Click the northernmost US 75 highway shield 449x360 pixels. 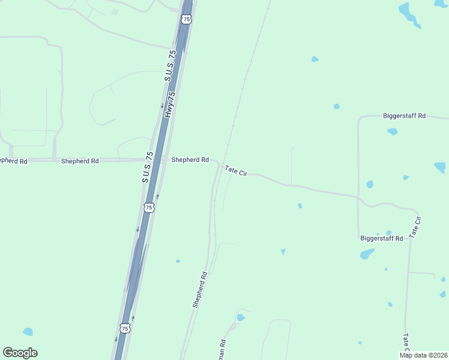[187, 19]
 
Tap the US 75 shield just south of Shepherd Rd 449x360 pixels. [149, 207]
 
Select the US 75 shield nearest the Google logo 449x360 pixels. [125, 328]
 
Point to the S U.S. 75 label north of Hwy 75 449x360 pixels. [170, 66]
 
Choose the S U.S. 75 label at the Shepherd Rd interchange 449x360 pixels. [146, 167]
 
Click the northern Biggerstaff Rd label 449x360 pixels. [404, 116]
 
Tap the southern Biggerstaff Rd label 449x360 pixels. [381, 238]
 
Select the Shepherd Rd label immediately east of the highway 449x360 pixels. [190, 160]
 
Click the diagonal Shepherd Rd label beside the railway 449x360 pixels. [200, 290]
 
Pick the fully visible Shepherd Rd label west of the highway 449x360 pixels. [80, 161]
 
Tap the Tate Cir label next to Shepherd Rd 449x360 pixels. [236, 171]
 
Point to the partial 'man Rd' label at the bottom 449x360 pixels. [221, 350]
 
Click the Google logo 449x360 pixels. [20, 353]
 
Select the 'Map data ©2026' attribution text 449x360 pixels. [424, 355]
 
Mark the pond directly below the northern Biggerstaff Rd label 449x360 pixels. [392, 131]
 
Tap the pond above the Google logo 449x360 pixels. [28, 332]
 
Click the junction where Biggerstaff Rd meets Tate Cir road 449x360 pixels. [358, 196]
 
